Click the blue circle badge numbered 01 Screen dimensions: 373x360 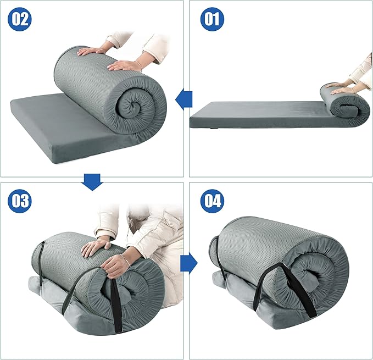(212, 19)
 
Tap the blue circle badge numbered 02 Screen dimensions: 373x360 (20, 19)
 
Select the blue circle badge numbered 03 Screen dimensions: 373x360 (20, 201)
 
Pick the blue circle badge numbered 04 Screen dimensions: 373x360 (212, 201)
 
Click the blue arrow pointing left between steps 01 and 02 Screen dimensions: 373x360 (183, 99)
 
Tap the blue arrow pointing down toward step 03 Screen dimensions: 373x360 (92, 182)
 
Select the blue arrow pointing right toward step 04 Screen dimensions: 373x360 (189, 263)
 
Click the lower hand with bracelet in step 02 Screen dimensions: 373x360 (125, 65)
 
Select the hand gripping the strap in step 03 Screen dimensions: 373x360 (117, 267)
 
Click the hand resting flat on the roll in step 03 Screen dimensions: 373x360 (95, 247)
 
